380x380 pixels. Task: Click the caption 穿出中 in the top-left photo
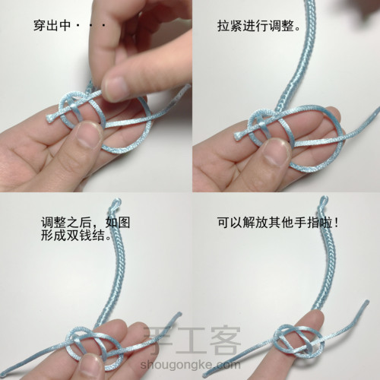52,26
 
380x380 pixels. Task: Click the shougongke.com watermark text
190,365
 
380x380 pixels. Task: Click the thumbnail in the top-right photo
276,152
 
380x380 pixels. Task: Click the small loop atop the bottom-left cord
116,204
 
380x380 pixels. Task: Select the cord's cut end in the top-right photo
238,136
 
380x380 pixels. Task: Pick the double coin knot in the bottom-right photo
299,340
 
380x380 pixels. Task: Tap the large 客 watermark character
225,340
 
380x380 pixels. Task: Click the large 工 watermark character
192,340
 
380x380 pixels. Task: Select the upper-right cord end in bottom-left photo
179,315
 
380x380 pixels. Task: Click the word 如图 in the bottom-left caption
118,223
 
